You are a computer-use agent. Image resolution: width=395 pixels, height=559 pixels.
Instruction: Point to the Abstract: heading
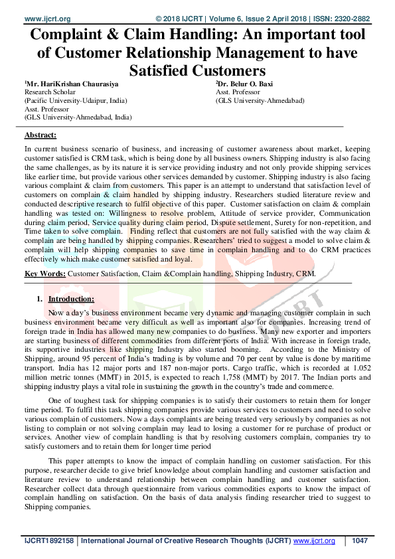[40, 135]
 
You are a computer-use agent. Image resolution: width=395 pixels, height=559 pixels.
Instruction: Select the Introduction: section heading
[76, 299]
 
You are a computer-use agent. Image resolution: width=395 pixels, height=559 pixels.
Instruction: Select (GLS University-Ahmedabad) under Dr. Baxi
[260, 102]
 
